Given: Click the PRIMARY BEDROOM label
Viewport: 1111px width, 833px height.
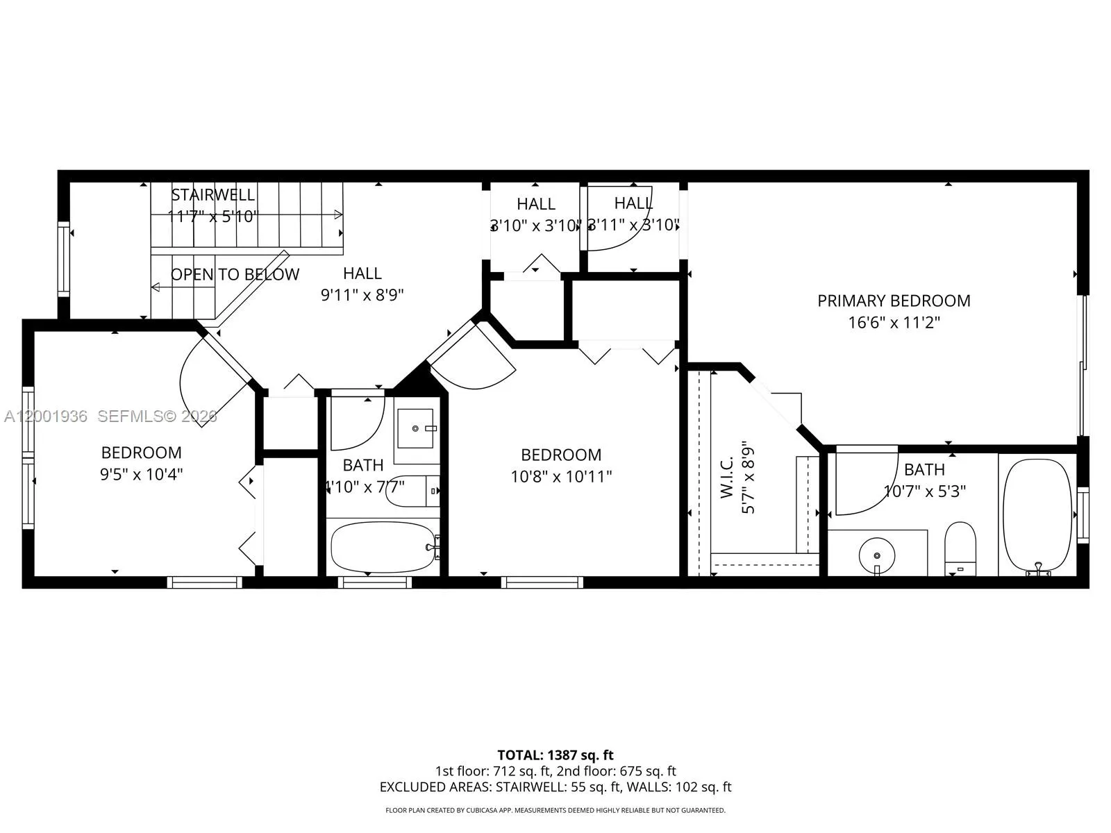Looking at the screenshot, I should (893, 301).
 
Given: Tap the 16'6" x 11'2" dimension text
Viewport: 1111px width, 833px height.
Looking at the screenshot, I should (893, 323).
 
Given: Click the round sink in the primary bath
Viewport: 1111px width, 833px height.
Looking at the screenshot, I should (877, 555).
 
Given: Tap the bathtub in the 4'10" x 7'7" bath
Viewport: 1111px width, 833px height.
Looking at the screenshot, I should (383, 547).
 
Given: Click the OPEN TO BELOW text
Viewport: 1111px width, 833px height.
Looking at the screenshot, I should (235, 274).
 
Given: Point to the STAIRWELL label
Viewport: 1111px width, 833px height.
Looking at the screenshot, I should (213, 195).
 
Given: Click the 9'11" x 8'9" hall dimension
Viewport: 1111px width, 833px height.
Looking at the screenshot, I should (362, 295).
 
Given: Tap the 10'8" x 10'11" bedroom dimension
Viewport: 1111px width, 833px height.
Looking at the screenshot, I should (560, 477).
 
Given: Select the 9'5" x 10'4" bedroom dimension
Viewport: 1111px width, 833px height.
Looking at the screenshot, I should (141, 475).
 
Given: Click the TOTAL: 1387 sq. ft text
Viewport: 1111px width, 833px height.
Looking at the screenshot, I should (555, 755).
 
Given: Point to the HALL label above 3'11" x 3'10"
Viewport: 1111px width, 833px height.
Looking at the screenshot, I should (633, 203).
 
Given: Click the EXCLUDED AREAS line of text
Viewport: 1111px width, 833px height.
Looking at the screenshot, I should (555, 787).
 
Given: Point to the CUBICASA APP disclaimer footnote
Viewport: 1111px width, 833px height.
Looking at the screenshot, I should (555, 810).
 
